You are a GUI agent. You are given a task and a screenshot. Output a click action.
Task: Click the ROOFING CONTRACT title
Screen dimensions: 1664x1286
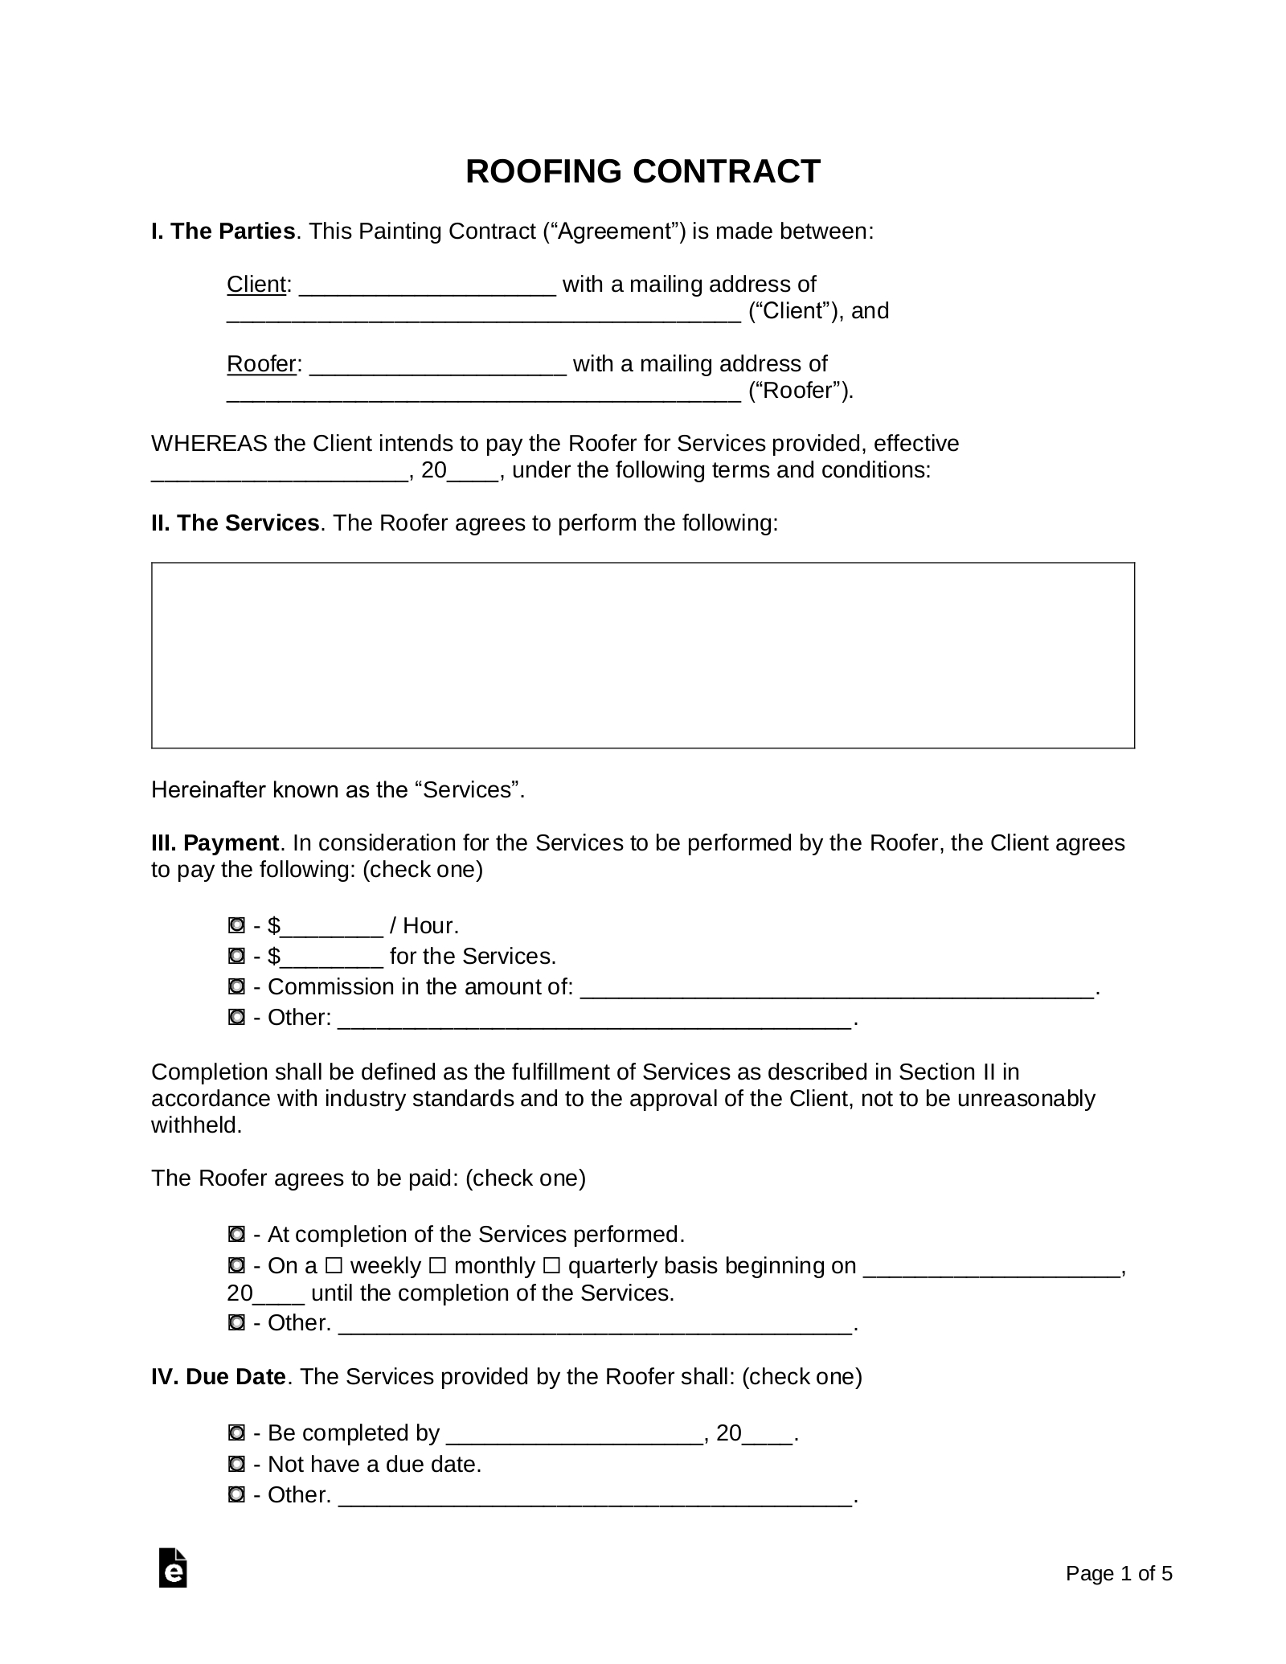[x=642, y=172]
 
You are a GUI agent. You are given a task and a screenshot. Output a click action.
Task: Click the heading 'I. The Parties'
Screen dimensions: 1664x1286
[x=223, y=232]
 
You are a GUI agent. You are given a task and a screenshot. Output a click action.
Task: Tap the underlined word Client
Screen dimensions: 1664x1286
[x=256, y=285]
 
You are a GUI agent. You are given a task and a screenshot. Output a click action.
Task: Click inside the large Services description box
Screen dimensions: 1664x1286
[x=642, y=655]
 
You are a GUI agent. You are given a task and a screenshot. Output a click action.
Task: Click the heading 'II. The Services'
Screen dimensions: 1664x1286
[x=235, y=523]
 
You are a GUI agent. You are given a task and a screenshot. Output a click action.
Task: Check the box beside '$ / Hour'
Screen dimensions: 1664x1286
[x=236, y=927]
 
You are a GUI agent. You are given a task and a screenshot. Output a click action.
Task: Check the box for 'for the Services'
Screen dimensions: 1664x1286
[x=236, y=957]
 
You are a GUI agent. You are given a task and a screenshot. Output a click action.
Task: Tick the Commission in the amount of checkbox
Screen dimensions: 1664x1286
[x=236, y=987]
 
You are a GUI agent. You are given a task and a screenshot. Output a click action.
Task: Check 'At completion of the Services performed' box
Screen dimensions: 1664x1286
[x=236, y=1234]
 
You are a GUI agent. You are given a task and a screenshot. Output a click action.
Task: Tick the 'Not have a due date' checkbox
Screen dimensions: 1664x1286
[x=236, y=1464]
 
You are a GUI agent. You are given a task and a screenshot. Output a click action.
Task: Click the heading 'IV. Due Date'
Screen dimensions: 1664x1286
[x=218, y=1377]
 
